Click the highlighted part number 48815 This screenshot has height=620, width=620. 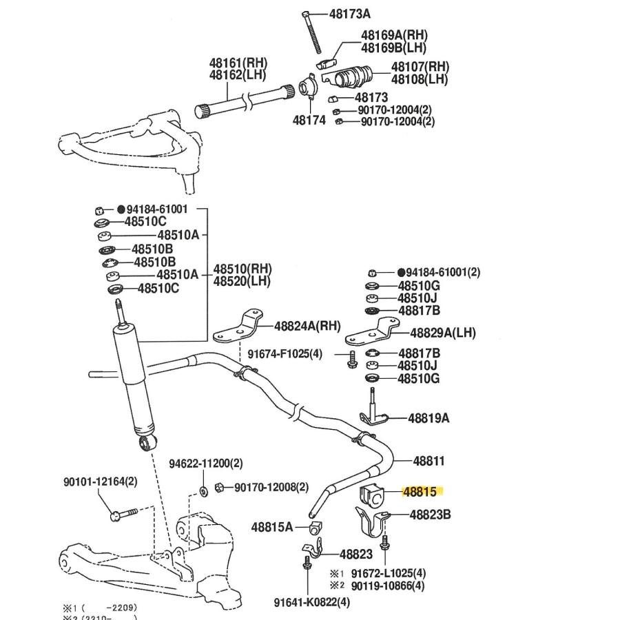click(420, 491)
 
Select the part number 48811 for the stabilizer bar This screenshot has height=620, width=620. click(428, 461)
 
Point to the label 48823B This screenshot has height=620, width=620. click(430, 515)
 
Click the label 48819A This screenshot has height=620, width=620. click(428, 418)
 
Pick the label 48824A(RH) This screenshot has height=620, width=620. click(307, 326)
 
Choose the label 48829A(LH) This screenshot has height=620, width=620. click(443, 333)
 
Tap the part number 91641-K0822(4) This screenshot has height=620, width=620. click(312, 602)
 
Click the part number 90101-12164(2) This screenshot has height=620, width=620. click(101, 482)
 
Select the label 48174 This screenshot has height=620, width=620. click(309, 120)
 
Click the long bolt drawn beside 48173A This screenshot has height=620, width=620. click(312, 33)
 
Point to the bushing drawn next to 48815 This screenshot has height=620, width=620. click(371, 495)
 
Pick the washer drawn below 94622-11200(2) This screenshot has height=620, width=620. click(204, 491)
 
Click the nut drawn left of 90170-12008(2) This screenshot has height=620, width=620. click(219, 488)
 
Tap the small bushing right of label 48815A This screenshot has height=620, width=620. click(316, 528)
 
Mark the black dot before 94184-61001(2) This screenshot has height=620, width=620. click(401, 272)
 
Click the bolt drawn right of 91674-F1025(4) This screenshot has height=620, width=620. click(352, 360)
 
